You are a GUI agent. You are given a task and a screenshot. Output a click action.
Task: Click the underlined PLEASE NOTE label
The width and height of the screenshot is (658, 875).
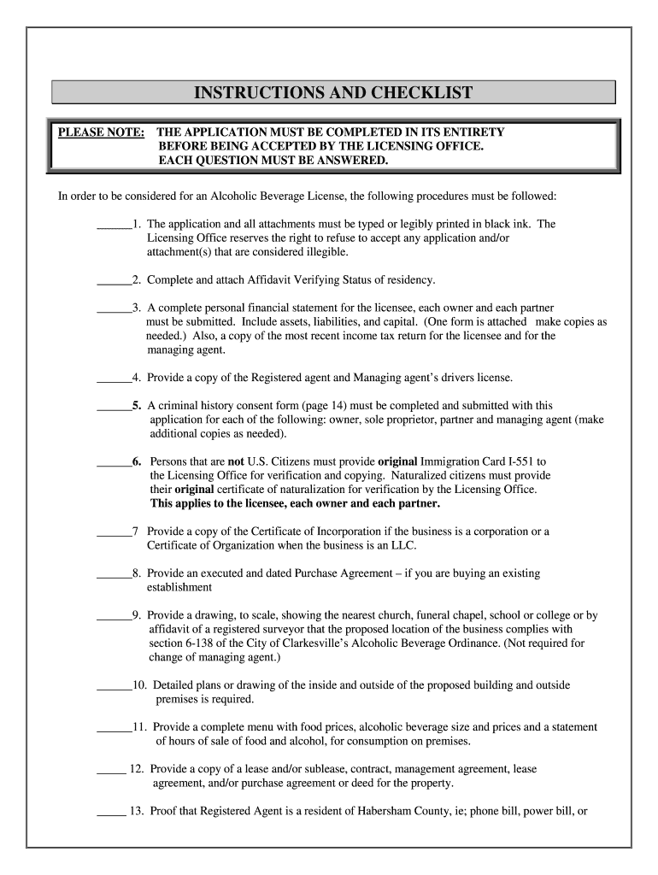click(x=101, y=132)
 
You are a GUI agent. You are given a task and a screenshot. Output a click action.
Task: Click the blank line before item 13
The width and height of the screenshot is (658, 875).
click(x=110, y=811)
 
